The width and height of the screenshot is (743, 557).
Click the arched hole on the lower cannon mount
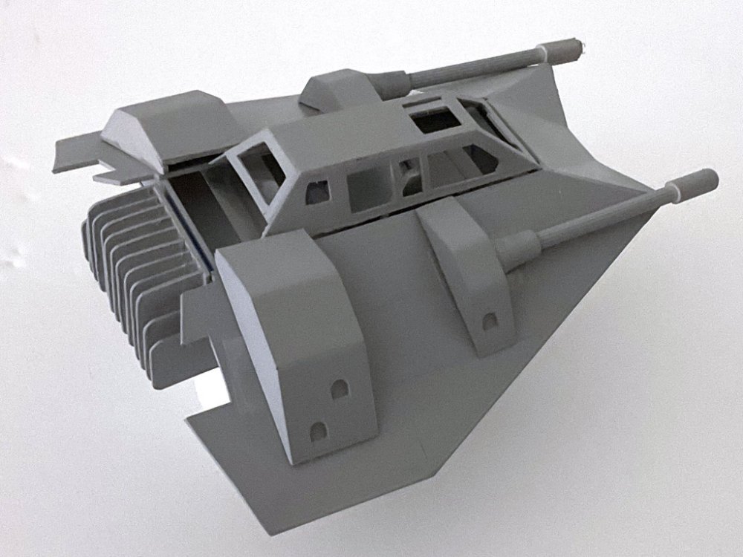click(489, 321)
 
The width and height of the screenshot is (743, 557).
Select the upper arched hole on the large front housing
click(340, 388)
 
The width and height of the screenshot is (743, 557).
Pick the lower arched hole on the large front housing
click(317, 430)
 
